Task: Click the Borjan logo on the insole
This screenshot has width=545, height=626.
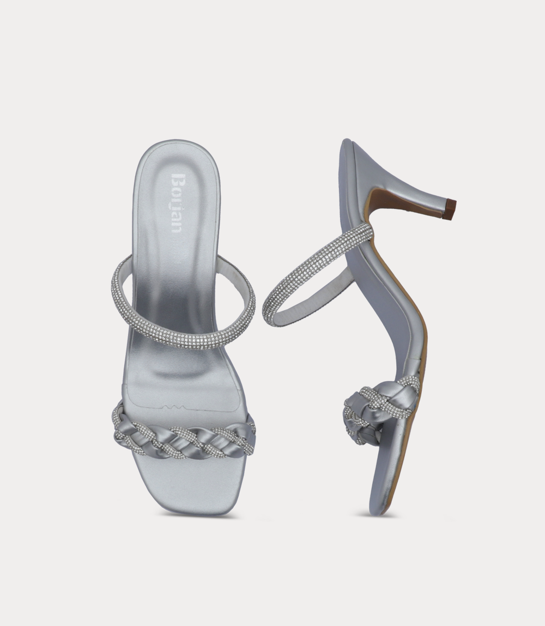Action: (177, 203)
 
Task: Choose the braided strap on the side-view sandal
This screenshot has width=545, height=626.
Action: (379, 405)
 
